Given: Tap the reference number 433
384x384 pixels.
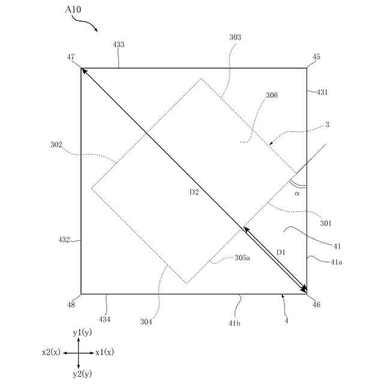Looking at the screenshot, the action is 119,45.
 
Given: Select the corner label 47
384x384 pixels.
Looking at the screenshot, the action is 71,57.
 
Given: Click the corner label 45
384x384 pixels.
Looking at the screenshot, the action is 317,57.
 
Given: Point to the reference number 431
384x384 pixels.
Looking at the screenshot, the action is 322,92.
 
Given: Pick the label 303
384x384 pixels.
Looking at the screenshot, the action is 235,37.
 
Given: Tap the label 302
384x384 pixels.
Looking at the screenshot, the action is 57,145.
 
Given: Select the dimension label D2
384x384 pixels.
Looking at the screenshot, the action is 194,192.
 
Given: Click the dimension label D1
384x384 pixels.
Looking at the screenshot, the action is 280,252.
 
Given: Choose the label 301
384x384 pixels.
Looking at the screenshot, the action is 326,223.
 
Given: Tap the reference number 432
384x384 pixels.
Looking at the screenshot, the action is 64,240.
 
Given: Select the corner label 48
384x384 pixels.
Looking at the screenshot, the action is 71,304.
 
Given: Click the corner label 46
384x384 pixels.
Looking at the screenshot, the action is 316,305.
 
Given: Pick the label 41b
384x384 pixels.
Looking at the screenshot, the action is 235,323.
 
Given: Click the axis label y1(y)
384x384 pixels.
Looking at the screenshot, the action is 82,332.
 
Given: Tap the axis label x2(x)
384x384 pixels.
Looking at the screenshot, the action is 51,352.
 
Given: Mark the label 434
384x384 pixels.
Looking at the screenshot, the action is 104,319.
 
